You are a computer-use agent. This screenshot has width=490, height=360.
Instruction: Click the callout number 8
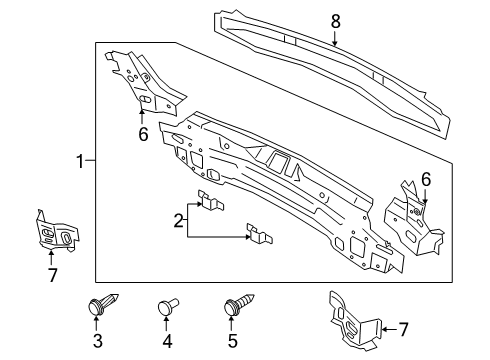[x=335, y=22]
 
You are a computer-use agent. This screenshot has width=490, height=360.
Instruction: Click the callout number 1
[x=80, y=161]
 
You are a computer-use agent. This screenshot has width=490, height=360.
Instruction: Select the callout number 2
[x=179, y=221]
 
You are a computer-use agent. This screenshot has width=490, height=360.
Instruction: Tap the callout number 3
[x=98, y=341]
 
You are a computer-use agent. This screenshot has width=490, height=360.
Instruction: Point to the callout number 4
[x=167, y=341]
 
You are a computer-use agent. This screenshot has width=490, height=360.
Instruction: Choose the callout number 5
[x=232, y=341]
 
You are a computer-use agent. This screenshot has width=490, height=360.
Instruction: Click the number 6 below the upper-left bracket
[x=143, y=135]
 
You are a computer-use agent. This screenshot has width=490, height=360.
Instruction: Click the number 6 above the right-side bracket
[x=426, y=180]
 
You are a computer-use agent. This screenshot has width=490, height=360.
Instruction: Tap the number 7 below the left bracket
[x=53, y=275]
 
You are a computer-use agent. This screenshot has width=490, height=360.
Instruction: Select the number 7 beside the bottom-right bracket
[x=404, y=330]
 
